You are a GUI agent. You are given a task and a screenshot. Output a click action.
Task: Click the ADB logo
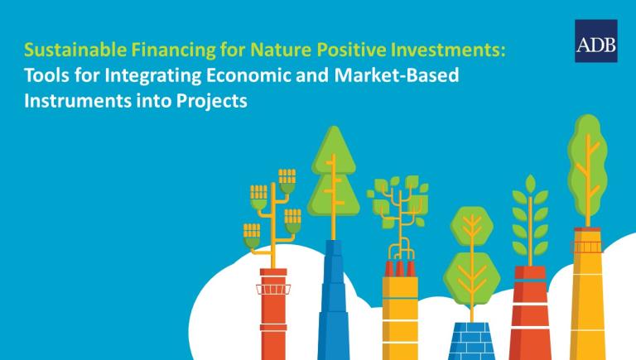click(x=596, y=41)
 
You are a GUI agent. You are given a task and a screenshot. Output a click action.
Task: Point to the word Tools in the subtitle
click(x=46, y=75)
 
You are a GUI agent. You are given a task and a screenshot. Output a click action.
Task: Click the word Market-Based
click(x=397, y=75)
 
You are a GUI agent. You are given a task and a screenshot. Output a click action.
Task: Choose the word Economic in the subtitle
click(x=248, y=75)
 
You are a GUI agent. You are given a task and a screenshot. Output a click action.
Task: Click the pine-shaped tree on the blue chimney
click(x=334, y=179)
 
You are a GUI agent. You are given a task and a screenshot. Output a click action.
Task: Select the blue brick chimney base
click(x=472, y=340)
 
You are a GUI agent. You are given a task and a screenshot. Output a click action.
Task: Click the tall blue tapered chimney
click(x=334, y=300)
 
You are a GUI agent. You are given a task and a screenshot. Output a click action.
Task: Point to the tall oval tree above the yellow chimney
click(x=587, y=170)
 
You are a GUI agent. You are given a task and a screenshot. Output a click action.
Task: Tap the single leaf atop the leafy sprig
click(x=530, y=184)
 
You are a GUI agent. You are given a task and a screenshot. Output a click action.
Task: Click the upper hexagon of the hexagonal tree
click(x=472, y=226)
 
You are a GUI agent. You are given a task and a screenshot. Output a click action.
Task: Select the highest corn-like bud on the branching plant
click(x=287, y=180)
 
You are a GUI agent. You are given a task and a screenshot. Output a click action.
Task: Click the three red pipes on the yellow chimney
click(x=400, y=268)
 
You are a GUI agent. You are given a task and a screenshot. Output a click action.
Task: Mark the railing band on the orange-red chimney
click(x=273, y=289)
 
